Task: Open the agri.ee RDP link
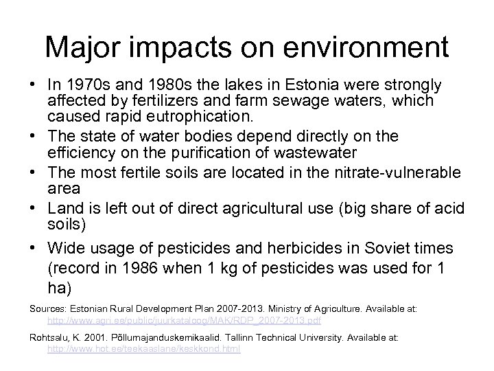(x=183, y=320)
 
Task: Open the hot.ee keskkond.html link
(x=143, y=348)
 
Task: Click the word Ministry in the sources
(x=302, y=308)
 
